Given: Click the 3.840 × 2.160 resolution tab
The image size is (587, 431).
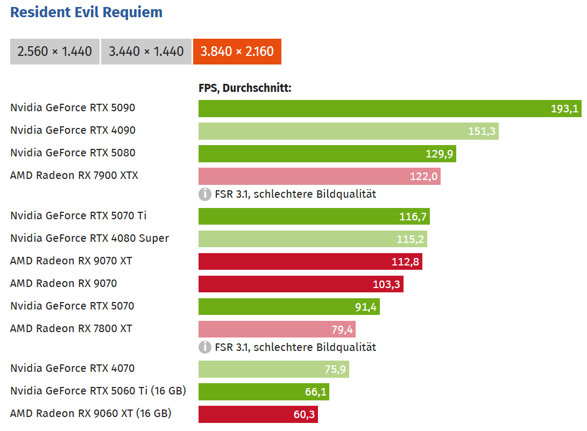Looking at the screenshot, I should [237, 52].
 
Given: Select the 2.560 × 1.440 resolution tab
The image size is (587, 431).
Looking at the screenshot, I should [55, 52].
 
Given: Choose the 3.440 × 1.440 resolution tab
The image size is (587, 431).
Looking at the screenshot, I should [146, 52].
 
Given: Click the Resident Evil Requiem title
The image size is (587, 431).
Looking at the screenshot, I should [86, 12].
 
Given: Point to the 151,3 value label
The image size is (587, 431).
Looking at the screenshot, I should [482, 131].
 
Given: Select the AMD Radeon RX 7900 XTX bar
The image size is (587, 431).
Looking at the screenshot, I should [319, 176].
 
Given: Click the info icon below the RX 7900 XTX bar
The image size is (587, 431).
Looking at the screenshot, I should [204, 194].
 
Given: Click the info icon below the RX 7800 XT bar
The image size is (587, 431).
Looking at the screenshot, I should [204, 347].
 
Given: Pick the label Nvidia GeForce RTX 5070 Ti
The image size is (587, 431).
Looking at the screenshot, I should [78, 215].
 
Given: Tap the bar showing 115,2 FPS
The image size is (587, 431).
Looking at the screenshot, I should [313, 239].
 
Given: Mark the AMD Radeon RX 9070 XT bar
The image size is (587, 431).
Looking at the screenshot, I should [310, 261].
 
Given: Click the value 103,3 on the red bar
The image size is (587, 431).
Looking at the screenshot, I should [386, 284].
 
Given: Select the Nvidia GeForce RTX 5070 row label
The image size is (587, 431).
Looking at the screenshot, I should [72, 306].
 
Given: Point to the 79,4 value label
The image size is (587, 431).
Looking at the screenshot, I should [342, 329].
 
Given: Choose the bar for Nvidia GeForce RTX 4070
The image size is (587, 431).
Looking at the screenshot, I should [273, 369].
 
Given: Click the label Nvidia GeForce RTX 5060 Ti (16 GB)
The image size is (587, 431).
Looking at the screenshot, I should [98, 391].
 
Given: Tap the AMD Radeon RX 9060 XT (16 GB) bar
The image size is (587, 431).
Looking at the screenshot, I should [258, 414].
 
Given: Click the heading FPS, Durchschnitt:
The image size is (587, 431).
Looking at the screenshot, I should [245, 88].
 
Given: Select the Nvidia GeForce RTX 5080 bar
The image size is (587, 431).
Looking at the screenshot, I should [327, 154].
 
